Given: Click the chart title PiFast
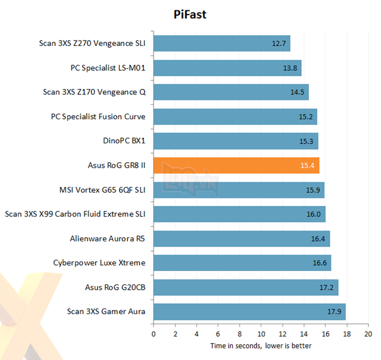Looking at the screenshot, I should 190,15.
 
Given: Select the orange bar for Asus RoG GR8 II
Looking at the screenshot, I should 236,165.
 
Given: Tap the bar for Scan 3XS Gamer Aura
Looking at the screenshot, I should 249,312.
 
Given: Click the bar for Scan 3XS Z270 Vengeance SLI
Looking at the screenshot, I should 221,44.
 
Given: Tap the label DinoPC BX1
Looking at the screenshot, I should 125,141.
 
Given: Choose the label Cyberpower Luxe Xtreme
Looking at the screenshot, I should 100,263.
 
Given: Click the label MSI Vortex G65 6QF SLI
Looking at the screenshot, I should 95,190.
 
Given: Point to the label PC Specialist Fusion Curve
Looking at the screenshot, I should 99,117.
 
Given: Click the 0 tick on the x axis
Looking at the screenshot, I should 154,334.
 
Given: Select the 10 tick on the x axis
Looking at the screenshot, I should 261,334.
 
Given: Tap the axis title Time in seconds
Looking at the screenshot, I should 261,345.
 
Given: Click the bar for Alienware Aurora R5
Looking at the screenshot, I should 241,238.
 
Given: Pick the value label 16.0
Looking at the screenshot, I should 314,214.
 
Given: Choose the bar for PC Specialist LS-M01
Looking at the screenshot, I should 227,68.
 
